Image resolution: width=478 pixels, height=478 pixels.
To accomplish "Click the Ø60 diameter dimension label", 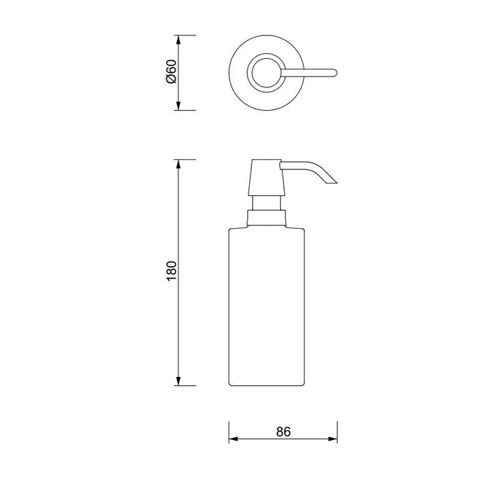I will tap(171, 72).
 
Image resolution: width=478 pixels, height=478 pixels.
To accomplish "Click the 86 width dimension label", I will tap(283, 432).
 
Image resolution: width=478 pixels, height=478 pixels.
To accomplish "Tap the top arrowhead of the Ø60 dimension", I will tap(179, 39).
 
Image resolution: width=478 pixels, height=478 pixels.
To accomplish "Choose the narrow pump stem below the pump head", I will tap(266, 203).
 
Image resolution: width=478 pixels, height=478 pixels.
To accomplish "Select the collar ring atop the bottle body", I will tap(266, 219).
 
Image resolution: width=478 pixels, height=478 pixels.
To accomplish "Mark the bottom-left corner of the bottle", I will tap(229, 384).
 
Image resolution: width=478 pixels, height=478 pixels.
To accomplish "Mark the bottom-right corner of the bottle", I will tap(303, 384).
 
